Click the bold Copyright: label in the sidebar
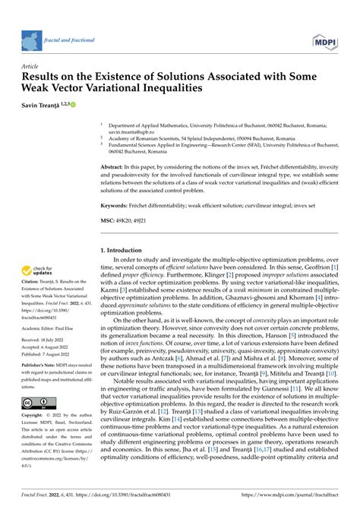(35, 438)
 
